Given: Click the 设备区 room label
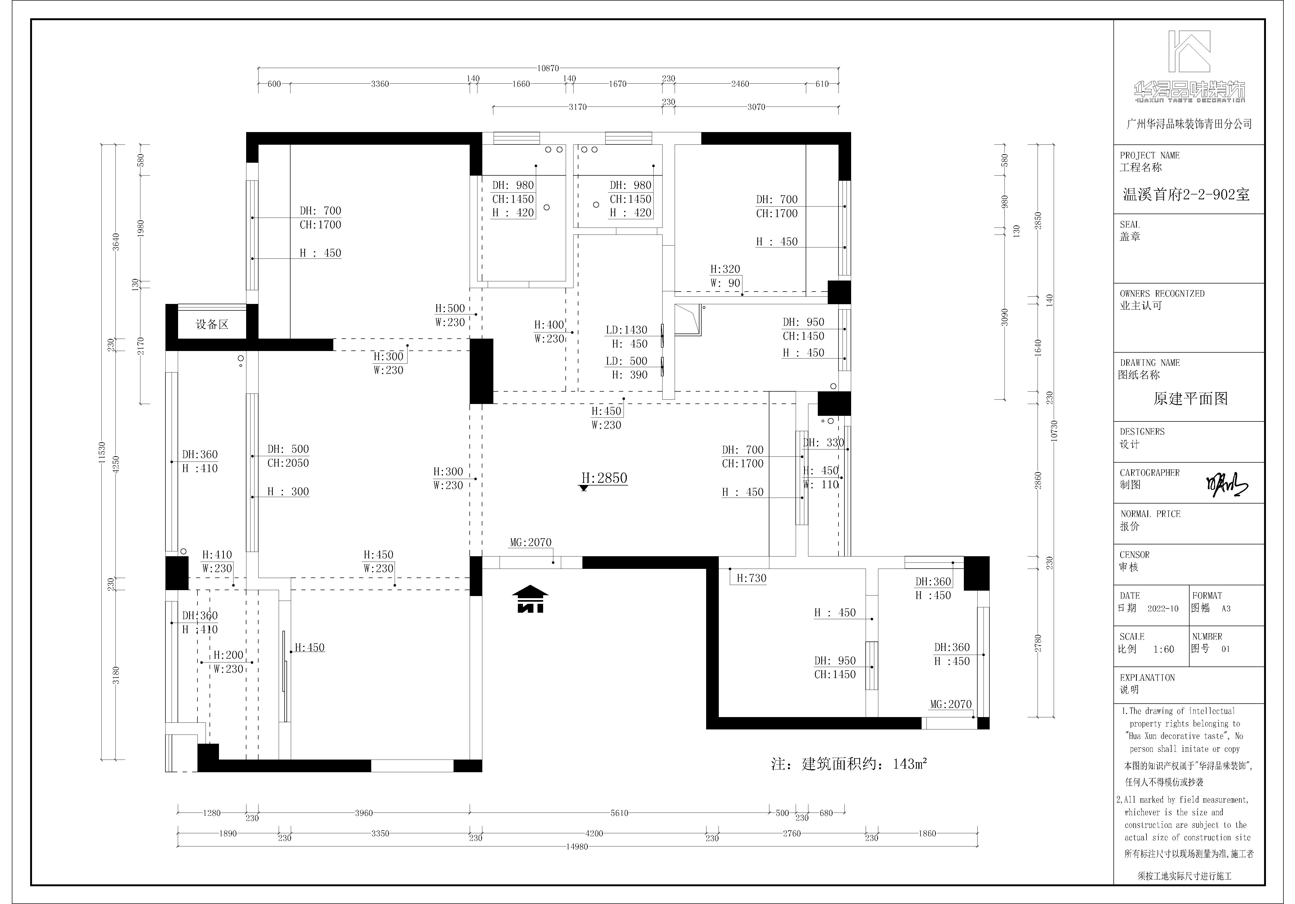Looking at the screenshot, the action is tap(212, 324).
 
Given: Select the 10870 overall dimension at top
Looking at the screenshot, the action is tap(548, 68).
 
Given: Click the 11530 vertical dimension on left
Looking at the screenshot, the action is tap(101, 453).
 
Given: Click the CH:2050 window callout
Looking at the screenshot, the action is tap(288, 463).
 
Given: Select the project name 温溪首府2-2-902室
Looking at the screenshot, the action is tap(1186, 194).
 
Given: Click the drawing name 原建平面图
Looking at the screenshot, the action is tap(1190, 399).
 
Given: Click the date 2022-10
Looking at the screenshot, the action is tap(1163, 608).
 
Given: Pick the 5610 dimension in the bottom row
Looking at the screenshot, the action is tap(619, 813).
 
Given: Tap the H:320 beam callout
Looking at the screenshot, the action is tap(725, 269).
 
